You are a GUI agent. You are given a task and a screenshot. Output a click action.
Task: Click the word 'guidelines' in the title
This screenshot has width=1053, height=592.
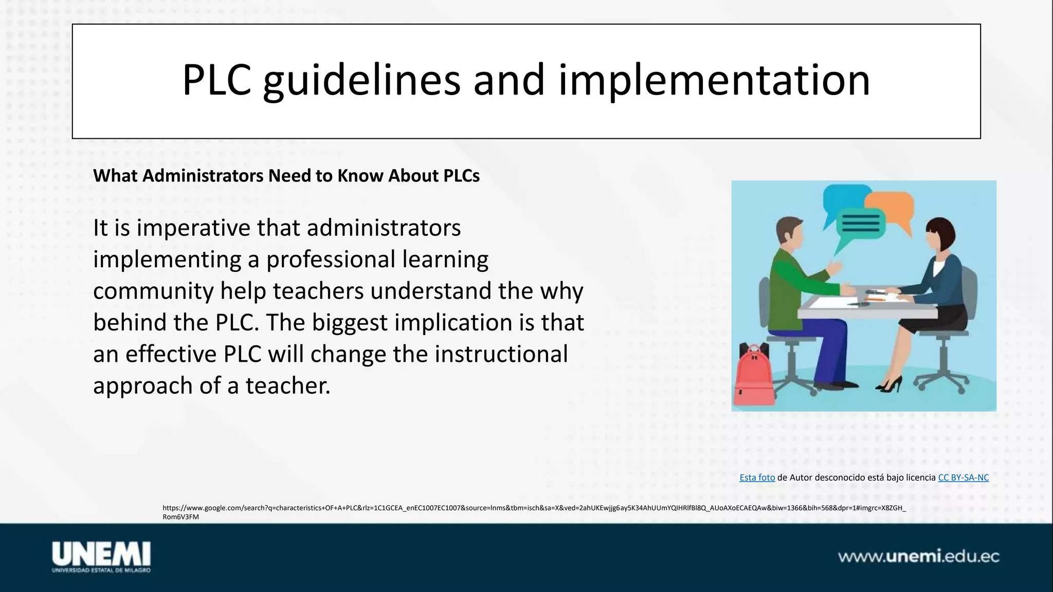pyautogui.click(x=361, y=81)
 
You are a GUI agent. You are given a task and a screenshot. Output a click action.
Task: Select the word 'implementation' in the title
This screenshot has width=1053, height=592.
pyautogui.click(x=714, y=81)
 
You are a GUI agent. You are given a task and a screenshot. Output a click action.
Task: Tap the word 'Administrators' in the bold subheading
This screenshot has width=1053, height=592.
pyautogui.click(x=203, y=176)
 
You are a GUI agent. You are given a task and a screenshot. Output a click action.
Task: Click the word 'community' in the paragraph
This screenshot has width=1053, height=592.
pyautogui.click(x=153, y=291)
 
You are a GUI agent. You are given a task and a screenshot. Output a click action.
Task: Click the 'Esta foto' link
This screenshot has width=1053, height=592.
pyautogui.click(x=757, y=477)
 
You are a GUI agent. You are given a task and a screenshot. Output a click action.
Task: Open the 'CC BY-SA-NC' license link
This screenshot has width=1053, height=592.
pyautogui.click(x=963, y=477)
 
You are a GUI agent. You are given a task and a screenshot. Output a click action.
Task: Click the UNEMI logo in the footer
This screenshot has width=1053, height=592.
pyautogui.click(x=101, y=557)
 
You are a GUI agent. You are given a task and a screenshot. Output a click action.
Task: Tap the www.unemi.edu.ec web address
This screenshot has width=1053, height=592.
pyautogui.click(x=918, y=557)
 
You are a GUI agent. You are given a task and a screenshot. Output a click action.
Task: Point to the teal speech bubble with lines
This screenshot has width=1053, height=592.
pyautogui.click(x=860, y=224)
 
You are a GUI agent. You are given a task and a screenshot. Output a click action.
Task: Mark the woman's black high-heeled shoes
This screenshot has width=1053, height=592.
pyautogui.click(x=891, y=384)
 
